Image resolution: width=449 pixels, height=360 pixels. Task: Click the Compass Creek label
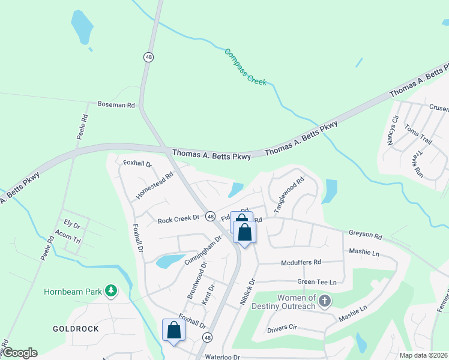click(245, 67)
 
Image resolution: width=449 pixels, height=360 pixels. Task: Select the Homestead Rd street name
click(155, 186)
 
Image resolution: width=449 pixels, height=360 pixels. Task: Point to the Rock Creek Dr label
click(178, 220)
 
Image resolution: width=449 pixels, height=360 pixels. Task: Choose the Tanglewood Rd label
click(289, 194)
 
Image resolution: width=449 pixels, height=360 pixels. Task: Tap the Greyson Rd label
click(365, 234)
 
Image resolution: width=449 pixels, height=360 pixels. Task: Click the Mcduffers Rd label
click(301, 262)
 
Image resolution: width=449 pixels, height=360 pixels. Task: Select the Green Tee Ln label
click(316, 282)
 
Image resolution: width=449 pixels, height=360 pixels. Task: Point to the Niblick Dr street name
click(248, 290)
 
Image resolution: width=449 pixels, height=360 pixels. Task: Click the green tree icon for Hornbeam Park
click(110, 292)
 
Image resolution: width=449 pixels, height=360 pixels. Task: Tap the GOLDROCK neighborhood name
click(76, 329)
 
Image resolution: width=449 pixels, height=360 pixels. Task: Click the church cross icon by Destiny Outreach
click(325, 301)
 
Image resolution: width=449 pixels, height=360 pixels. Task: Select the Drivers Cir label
click(282, 329)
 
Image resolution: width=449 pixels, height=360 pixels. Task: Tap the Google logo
click(20, 353)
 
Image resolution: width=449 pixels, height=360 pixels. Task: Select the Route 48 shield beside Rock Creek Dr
click(211, 216)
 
